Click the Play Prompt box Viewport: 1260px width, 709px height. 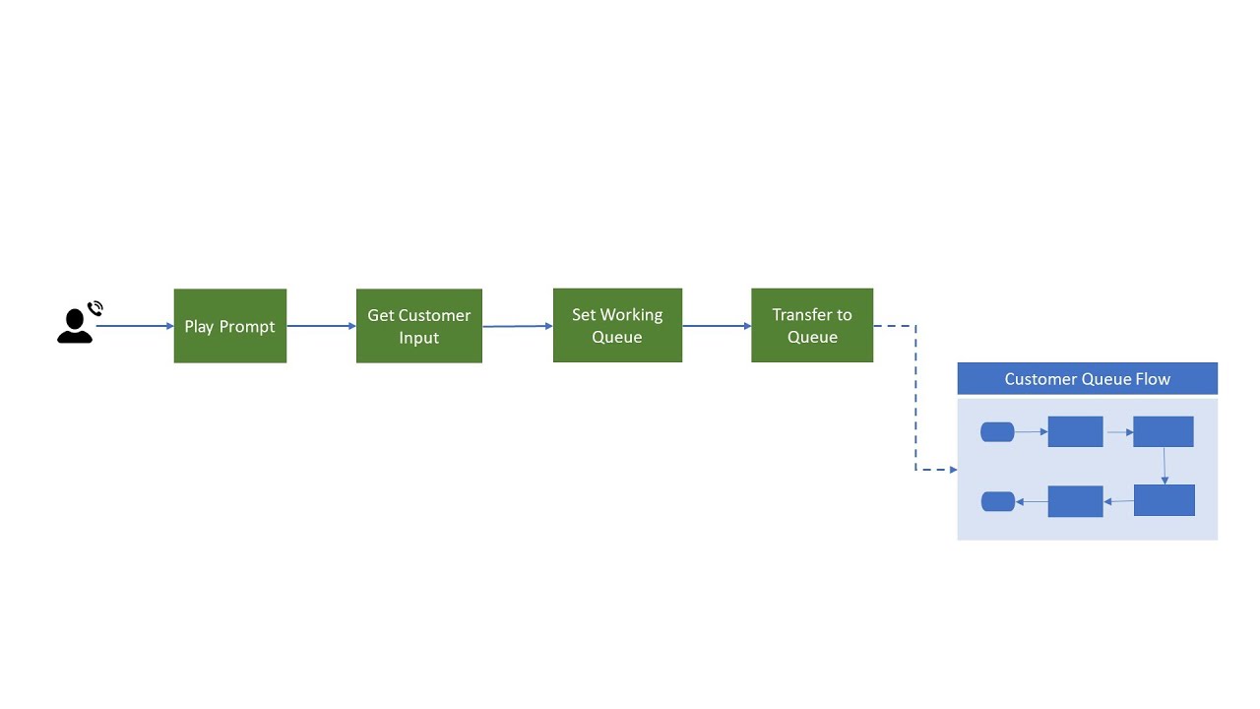coord(229,326)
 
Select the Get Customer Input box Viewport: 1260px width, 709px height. coord(418,326)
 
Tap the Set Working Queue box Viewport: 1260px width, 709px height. coord(617,325)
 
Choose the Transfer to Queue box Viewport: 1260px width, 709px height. coord(811,325)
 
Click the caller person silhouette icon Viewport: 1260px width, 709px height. coord(74,327)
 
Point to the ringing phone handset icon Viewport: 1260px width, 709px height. coord(95,309)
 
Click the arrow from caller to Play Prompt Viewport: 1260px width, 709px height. coord(134,326)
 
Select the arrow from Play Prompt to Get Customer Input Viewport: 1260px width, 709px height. coord(321,326)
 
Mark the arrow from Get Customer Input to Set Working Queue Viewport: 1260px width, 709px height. coord(517,326)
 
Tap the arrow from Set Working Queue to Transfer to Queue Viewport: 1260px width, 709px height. coord(716,326)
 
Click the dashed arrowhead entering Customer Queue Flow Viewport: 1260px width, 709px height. coord(951,470)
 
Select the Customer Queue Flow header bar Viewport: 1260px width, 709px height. coord(1087,378)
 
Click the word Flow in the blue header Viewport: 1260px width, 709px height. coord(1153,379)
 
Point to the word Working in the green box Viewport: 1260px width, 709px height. coord(631,315)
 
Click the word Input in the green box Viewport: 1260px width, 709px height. coord(418,338)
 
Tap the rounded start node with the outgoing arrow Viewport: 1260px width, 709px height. coord(997,431)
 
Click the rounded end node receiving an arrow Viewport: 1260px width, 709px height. coord(998,501)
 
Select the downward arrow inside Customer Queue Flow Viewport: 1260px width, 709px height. coord(1165,466)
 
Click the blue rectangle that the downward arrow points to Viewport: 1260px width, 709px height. coord(1164,500)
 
